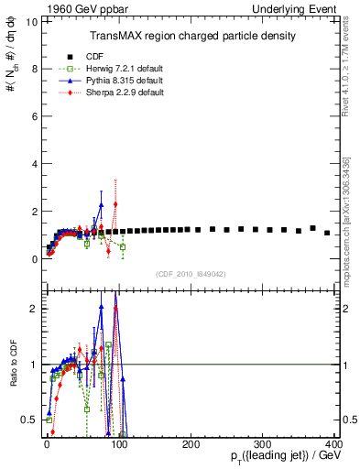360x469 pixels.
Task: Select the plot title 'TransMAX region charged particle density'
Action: point(191,36)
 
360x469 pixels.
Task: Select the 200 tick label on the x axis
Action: point(191,444)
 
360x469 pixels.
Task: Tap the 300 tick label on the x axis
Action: point(262,444)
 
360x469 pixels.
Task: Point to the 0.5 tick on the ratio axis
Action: point(29,420)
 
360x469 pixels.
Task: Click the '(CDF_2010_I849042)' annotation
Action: point(191,274)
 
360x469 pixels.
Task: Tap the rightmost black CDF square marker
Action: point(327,233)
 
